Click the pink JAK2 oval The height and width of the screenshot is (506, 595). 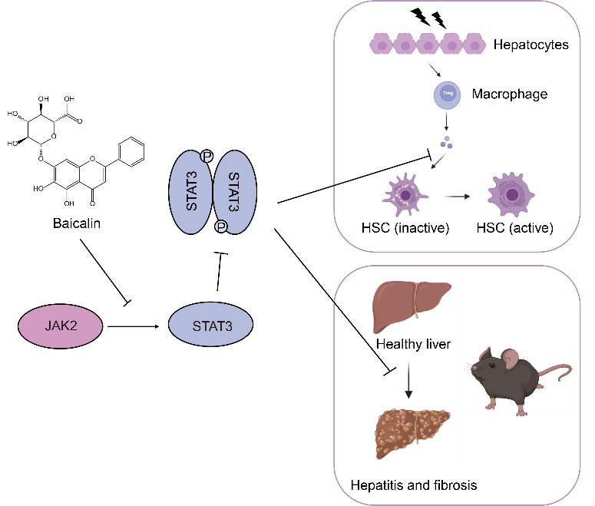[61, 326]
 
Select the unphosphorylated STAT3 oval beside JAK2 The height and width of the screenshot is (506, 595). [210, 326]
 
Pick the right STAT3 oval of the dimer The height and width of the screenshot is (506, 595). [234, 192]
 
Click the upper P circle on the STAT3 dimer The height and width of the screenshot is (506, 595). [207, 157]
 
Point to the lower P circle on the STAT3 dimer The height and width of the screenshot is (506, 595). [221, 227]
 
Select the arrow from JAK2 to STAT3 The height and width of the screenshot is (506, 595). [134, 326]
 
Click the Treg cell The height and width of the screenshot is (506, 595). [448, 96]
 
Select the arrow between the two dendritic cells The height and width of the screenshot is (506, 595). [458, 197]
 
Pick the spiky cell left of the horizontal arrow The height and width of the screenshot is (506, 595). [406, 194]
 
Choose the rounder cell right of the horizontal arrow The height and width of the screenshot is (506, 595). [511, 194]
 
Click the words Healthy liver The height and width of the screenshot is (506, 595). [413, 344]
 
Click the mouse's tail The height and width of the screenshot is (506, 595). [558, 375]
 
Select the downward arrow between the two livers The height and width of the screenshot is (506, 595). [408, 379]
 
